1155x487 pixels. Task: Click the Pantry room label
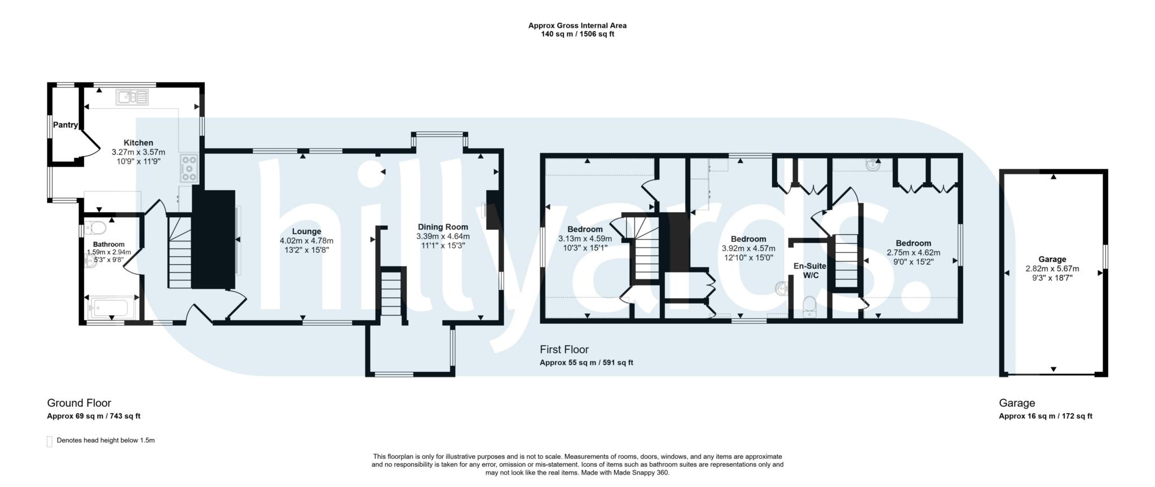tap(65, 125)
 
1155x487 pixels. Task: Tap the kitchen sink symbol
tap(132, 98)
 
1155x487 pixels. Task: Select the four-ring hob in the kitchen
tap(189, 168)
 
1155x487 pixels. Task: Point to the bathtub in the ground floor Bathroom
tap(109, 308)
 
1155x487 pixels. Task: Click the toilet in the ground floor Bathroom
tap(98, 229)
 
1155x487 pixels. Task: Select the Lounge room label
tap(306, 231)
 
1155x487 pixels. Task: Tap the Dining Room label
tap(443, 227)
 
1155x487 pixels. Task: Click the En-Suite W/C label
tap(809, 270)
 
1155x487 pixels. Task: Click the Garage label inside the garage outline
tap(1052, 260)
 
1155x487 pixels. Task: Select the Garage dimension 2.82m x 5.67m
tap(1052, 269)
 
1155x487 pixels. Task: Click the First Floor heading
tap(564, 349)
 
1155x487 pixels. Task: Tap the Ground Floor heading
tap(79, 403)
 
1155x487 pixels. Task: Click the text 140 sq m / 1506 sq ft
tap(577, 34)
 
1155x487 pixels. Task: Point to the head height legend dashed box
tap(50, 441)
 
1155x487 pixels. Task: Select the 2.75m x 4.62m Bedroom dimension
tap(913, 253)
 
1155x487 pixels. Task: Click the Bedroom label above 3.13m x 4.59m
tap(585, 229)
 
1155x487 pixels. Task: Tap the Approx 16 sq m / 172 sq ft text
tap(1045, 416)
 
